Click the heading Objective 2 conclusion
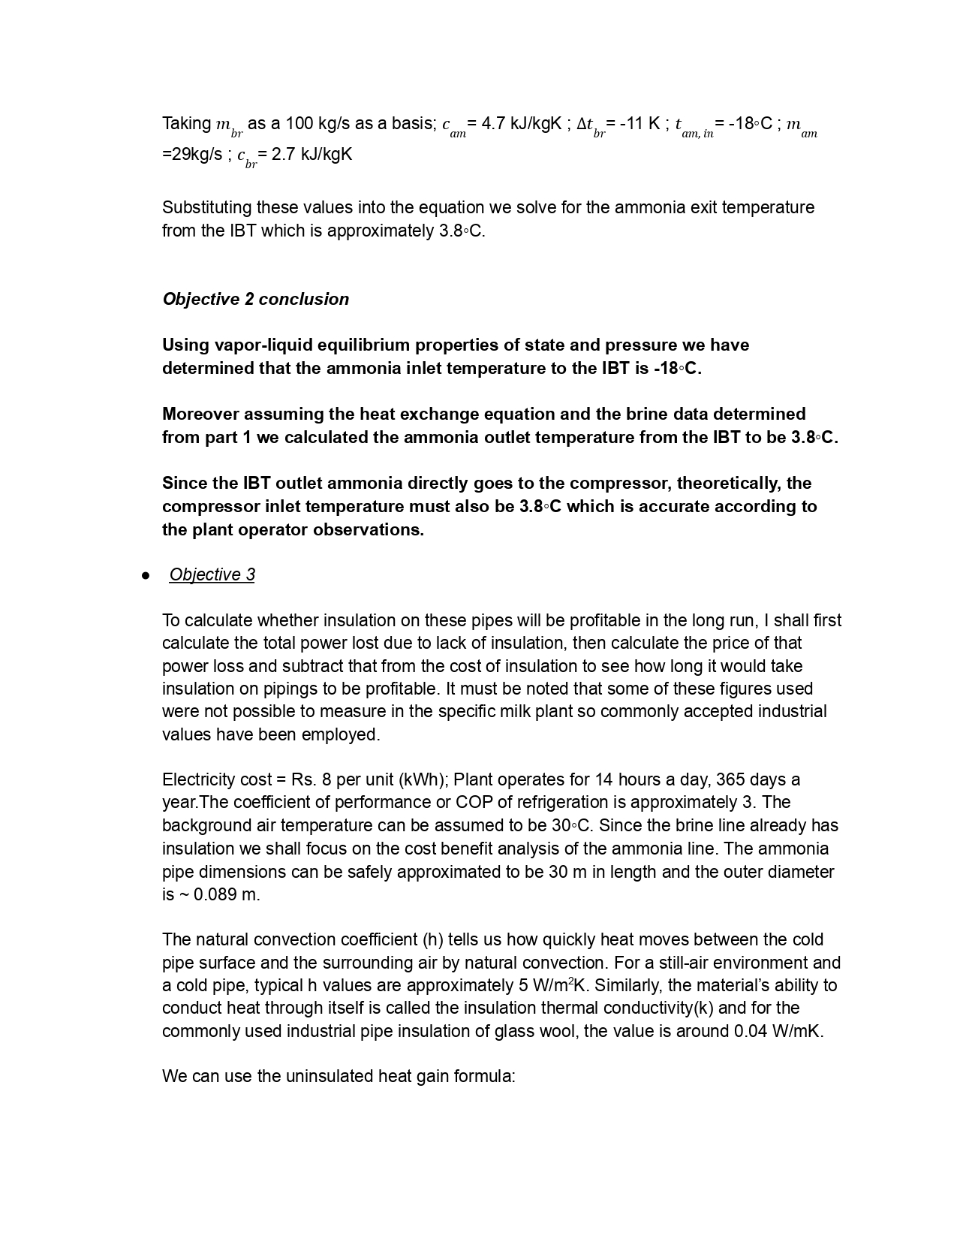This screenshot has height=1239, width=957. pos(255,299)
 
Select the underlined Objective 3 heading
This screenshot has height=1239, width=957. pos(212,574)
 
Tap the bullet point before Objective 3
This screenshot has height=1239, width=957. pos(145,575)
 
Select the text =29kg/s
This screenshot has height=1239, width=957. pos(192,154)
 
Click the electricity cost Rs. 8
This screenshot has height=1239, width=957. pos(301,779)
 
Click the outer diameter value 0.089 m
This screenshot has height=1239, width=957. pos(225,894)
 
